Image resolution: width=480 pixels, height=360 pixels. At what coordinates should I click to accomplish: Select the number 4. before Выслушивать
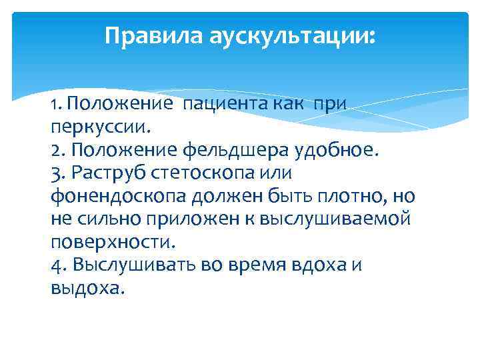[58, 265]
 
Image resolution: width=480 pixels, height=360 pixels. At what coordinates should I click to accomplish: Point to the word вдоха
[313, 265]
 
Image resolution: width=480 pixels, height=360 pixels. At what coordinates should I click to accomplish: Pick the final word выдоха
[87, 288]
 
